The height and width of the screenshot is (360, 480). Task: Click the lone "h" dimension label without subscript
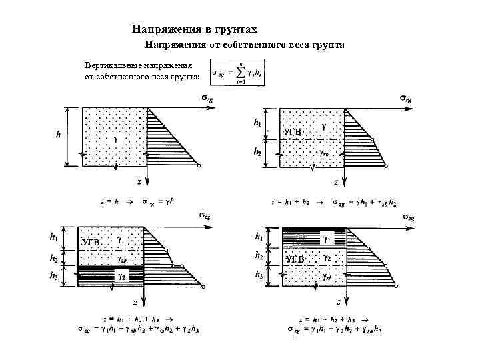58,135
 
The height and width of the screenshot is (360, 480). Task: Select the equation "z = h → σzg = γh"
137,200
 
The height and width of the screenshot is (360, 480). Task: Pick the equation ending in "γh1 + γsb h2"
336,201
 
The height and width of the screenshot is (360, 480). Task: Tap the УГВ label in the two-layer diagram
292,133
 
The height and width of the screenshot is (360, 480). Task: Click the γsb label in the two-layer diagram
323,152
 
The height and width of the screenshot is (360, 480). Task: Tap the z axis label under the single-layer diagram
139,181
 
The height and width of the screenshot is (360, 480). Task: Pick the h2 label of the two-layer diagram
257,152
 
